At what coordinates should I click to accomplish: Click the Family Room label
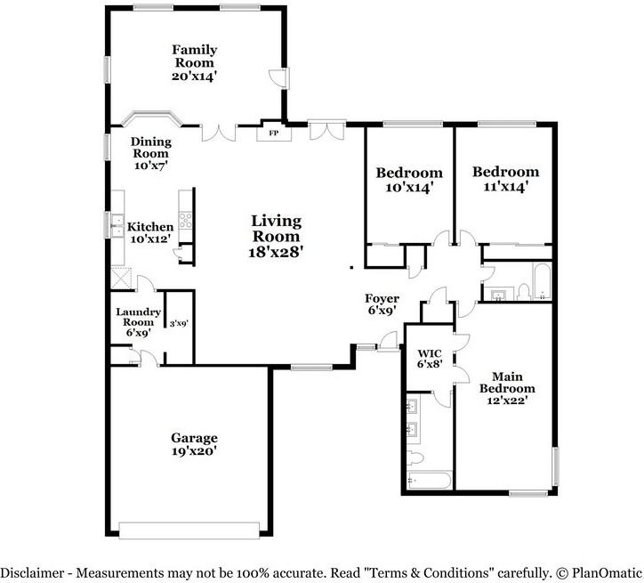(194, 56)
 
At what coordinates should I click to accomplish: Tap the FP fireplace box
(273, 134)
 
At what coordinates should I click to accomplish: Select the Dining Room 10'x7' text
(150, 153)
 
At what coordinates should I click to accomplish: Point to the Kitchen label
(150, 227)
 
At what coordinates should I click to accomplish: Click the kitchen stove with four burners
(186, 220)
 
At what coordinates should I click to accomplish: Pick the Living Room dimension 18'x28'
(276, 252)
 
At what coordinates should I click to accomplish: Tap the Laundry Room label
(138, 318)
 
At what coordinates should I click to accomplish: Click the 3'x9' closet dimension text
(179, 324)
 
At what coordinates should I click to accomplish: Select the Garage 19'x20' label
(194, 444)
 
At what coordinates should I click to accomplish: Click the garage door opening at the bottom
(189, 530)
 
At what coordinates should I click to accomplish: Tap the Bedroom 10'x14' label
(408, 180)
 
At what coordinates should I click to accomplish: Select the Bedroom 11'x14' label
(505, 179)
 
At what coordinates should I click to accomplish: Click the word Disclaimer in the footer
(30, 572)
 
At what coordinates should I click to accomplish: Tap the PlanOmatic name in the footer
(607, 572)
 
